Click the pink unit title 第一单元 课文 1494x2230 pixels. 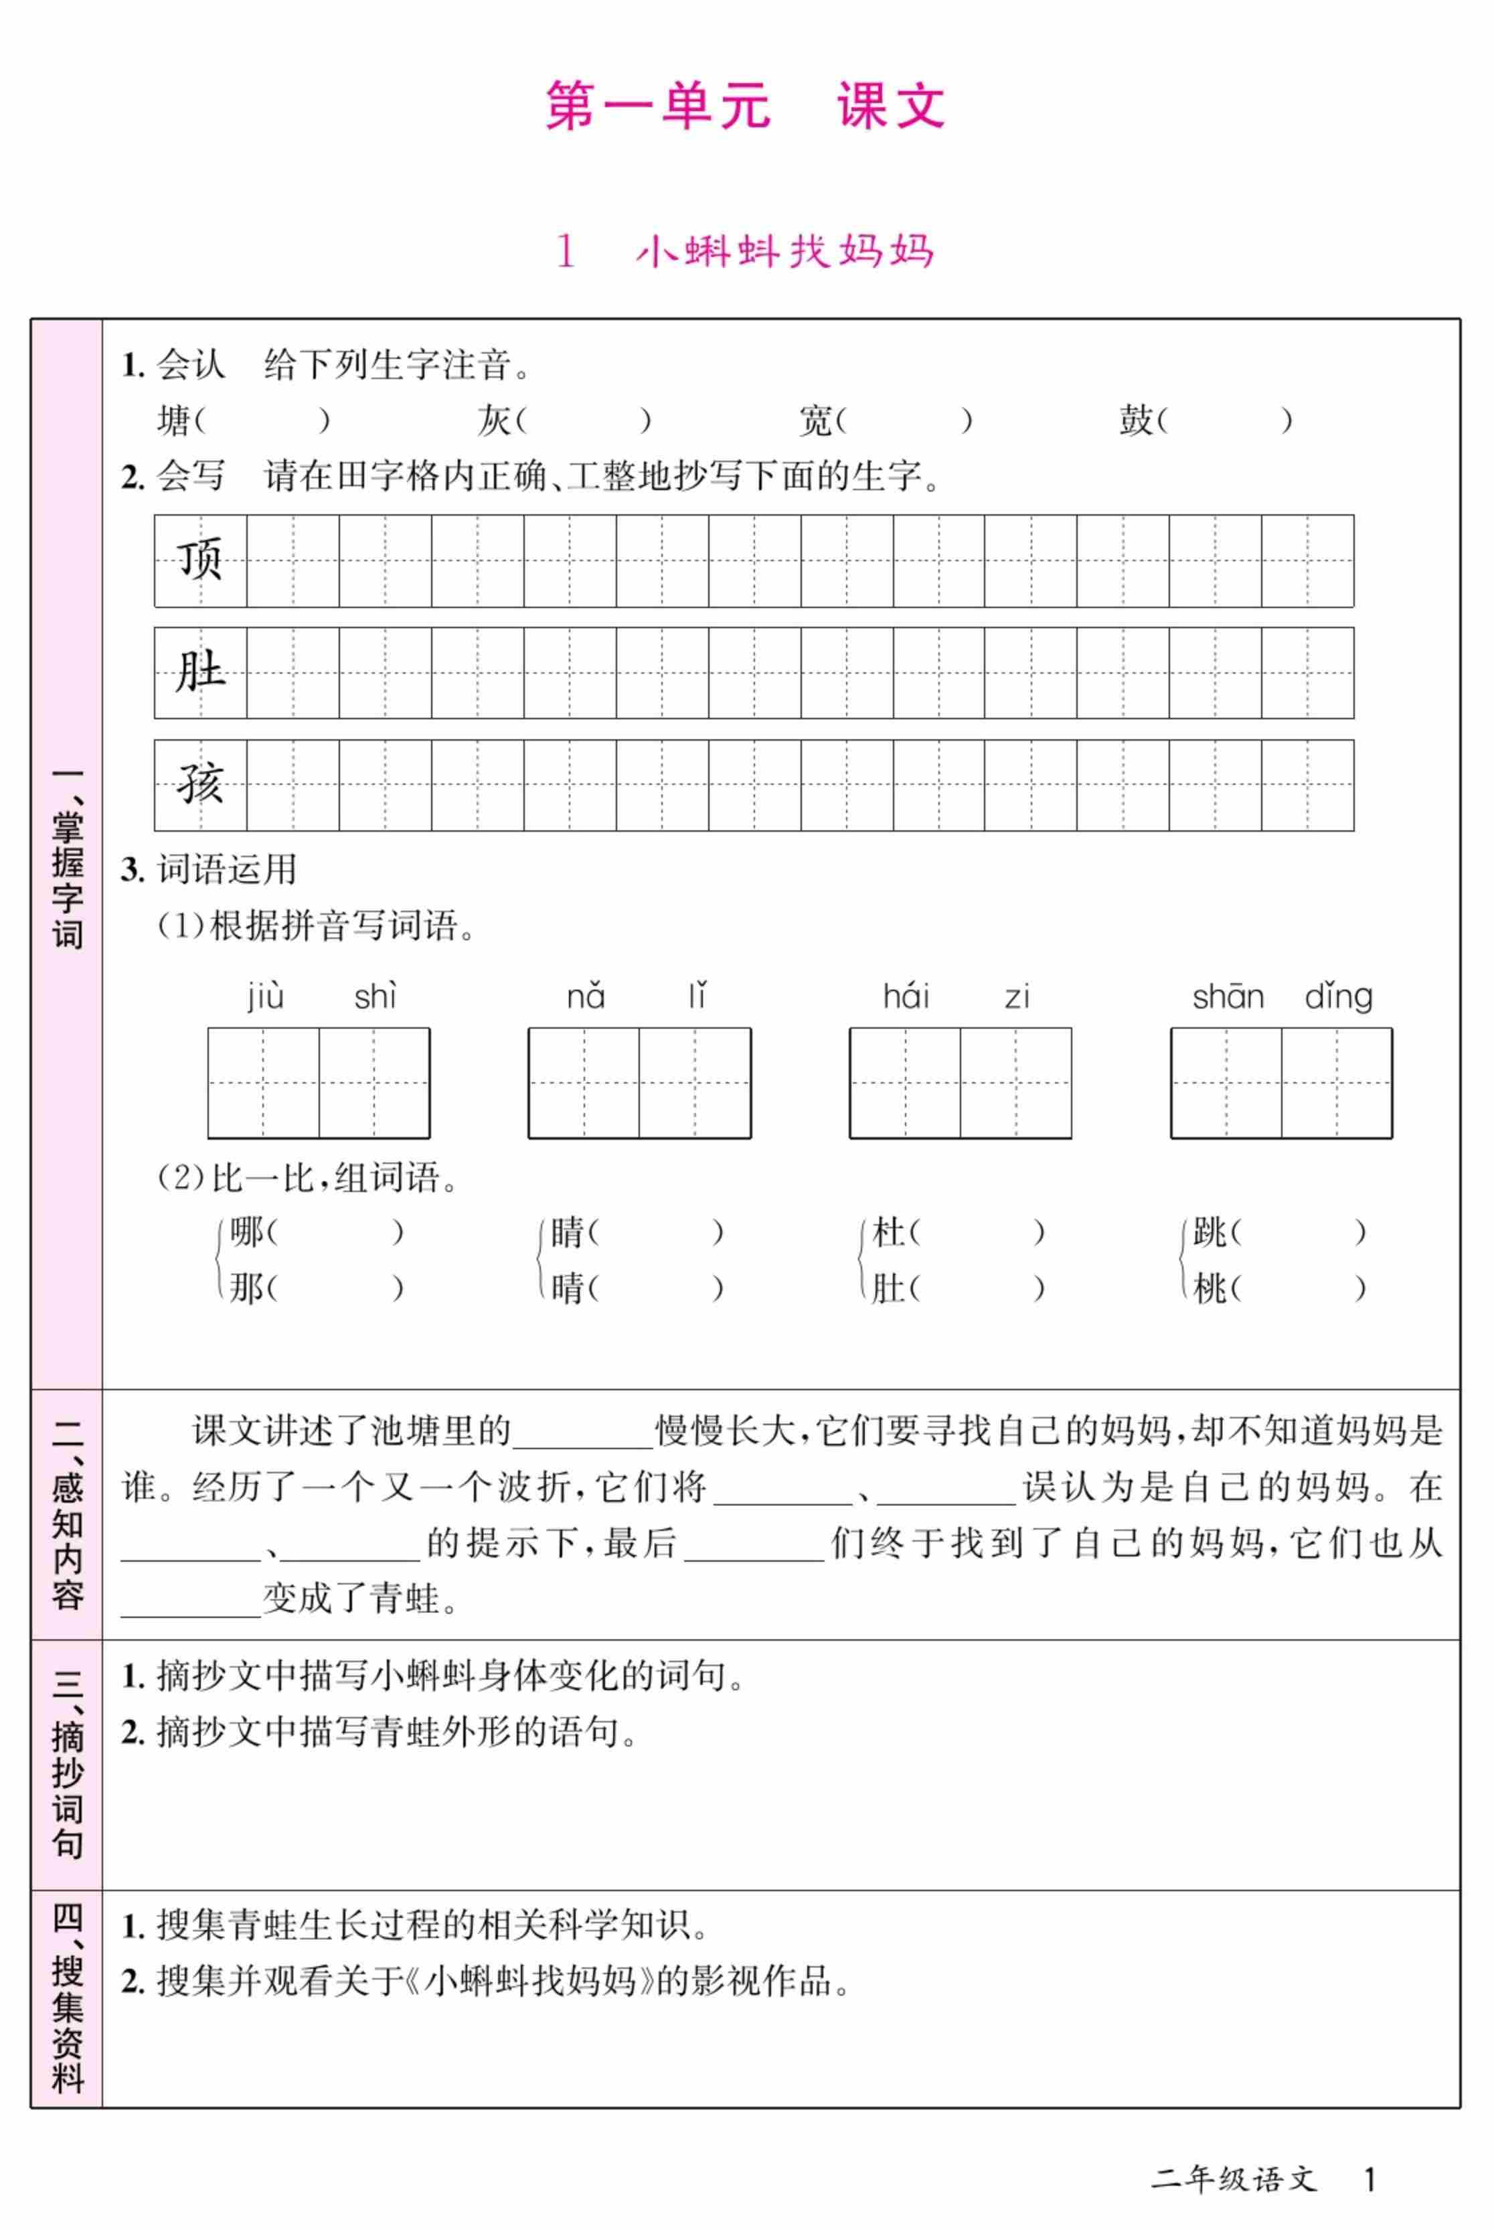[745, 105]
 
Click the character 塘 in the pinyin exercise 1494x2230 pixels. [173, 421]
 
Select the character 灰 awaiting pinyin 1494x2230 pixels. [493, 421]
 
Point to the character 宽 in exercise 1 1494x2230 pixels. [815, 421]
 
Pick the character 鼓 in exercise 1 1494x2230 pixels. [1136, 421]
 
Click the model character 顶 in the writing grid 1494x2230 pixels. [200, 559]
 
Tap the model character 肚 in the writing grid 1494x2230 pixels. [200, 672]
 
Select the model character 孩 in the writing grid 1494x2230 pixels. [200, 784]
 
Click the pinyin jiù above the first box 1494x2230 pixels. [265, 997]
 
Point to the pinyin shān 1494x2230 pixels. [1227, 997]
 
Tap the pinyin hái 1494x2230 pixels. [905, 997]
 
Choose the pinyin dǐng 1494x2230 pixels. [1338, 997]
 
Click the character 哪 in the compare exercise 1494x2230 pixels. [246, 1232]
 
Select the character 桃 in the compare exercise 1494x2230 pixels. [1210, 1288]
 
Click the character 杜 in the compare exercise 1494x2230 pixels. [888, 1232]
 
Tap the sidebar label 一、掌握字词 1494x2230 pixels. [67, 858]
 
